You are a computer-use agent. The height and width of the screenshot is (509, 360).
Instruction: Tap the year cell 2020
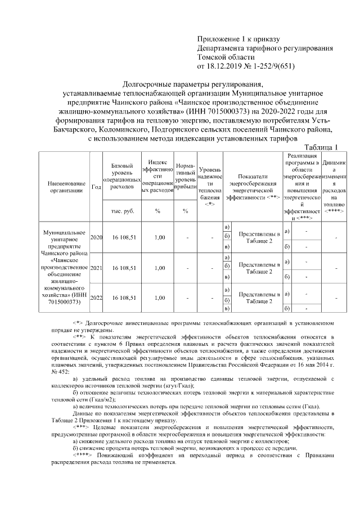[96, 237]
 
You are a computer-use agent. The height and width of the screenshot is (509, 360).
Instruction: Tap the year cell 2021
[96, 268]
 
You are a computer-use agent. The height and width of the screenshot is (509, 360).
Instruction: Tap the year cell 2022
[96, 298]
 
